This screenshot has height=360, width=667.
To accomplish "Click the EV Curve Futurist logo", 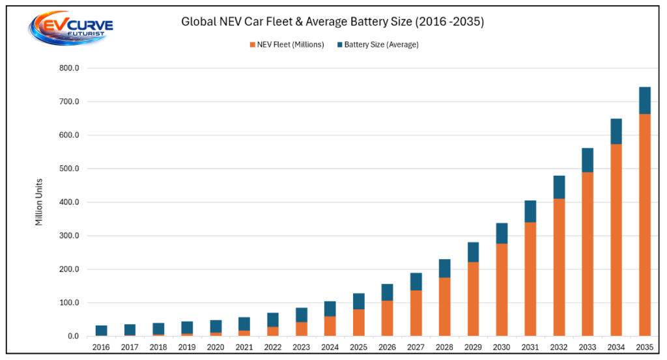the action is coord(71,27).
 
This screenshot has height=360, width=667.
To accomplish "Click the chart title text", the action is coord(333,21).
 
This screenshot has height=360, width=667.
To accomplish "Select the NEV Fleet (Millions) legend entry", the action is coord(287,45).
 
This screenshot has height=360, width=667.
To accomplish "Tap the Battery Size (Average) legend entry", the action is coord(378,45).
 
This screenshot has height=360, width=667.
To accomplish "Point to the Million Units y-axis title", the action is coord(39,202).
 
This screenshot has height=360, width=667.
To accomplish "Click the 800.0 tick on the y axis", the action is coord(69,68).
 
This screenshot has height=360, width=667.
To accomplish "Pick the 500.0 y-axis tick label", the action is coord(69,169).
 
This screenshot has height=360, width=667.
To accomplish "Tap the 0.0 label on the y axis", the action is coord(74,336).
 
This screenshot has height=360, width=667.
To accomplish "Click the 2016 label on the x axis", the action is coord(101,347).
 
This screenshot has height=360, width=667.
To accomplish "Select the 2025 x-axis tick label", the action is coord(359,347).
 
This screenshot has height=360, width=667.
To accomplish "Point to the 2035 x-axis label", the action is coord(645,347).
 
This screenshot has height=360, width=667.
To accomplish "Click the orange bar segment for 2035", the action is coord(645,225).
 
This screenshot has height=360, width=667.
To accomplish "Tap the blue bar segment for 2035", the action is coord(645,101).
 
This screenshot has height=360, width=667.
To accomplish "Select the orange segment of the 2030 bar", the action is coord(502,290).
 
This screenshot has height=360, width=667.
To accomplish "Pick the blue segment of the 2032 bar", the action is coord(560,187).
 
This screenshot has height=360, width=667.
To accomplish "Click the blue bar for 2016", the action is coord(101,331).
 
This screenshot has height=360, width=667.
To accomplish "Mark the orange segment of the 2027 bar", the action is coord(416,313).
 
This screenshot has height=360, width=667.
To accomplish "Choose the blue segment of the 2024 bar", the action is coord(330,309).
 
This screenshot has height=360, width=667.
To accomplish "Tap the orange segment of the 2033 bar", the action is coord(588,254).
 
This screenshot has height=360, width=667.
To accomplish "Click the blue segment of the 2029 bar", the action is coord(474,253).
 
